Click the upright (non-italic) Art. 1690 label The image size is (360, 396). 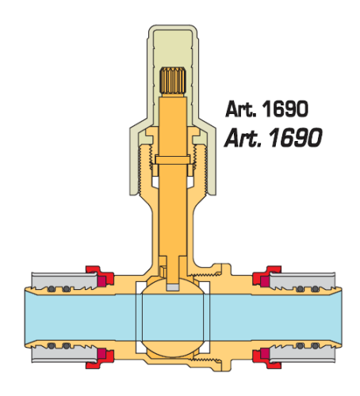pyautogui.click(x=266, y=109)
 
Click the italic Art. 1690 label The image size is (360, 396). pyautogui.click(x=273, y=137)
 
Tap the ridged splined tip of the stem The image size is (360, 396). pyautogui.click(x=173, y=81)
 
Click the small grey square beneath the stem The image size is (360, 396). pyautogui.click(x=173, y=287)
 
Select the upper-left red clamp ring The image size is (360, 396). pyautogui.click(x=100, y=276)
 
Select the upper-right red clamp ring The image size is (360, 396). pyautogui.click(x=266, y=276)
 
